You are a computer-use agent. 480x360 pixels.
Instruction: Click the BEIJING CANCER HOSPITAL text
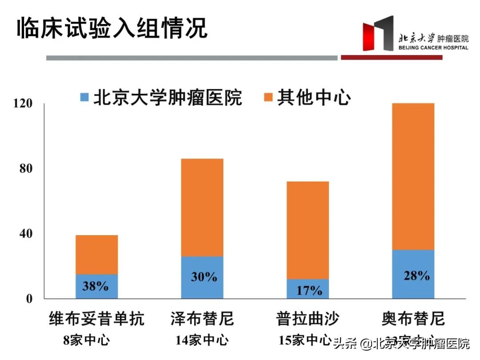pyautogui.click(x=433, y=48)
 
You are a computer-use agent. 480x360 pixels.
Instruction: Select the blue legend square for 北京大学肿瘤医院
pyautogui.click(x=84, y=97)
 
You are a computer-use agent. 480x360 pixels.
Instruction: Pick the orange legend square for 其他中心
pyautogui.click(x=268, y=97)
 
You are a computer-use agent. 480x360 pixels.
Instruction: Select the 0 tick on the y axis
pyautogui.click(x=29, y=299)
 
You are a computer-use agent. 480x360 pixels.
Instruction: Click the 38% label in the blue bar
pyautogui.click(x=96, y=286)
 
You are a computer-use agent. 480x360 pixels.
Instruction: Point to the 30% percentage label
pyautogui.click(x=204, y=277)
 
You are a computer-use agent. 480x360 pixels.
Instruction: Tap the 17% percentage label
pyautogui.click(x=309, y=290)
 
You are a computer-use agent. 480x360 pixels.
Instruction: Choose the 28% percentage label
pyautogui.click(x=416, y=275)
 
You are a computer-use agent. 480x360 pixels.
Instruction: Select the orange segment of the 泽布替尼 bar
pyautogui.click(x=202, y=207)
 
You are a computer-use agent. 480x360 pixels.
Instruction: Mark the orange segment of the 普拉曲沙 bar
pyautogui.click(x=308, y=230)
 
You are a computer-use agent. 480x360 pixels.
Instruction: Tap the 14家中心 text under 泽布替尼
pyautogui.click(x=202, y=340)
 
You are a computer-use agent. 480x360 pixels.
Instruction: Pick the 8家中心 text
pyautogui.click(x=86, y=340)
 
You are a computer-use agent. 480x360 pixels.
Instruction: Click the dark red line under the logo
pyautogui.click(x=391, y=57)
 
